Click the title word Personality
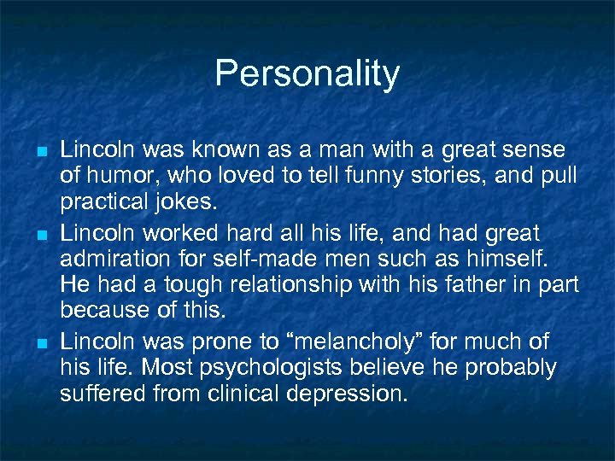[x=307, y=74]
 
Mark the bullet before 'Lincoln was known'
[x=41, y=151]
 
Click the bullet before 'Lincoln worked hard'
[x=41, y=233]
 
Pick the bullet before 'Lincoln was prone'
[x=41, y=342]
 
